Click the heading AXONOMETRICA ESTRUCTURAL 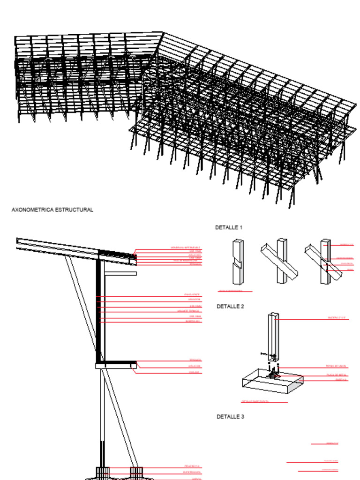(52, 210)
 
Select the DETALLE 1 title (229, 227)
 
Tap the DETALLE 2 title (230, 307)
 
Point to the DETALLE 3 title (230, 416)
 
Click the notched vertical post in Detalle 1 (238, 262)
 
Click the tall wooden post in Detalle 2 (273, 335)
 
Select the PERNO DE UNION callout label (336, 366)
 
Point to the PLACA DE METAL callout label (337, 375)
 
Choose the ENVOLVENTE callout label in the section (193, 294)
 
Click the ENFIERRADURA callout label (192, 472)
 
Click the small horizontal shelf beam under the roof (120, 273)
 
